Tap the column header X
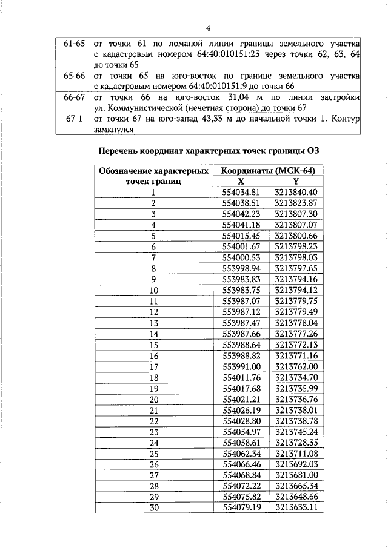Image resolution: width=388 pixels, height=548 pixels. point(241,181)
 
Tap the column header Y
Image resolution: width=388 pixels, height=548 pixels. point(296,181)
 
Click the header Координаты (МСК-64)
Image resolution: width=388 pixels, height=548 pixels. point(269,171)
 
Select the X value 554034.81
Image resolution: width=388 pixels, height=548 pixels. point(241,192)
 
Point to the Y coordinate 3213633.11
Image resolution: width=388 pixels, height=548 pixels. point(296,507)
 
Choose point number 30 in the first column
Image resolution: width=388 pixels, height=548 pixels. point(154,508)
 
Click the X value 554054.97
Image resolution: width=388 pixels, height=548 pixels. point(241,432)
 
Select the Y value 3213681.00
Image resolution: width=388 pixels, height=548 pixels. point(296,475)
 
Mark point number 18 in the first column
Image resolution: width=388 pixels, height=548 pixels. point(154,377)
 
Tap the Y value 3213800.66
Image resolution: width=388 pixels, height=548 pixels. point(296,236)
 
